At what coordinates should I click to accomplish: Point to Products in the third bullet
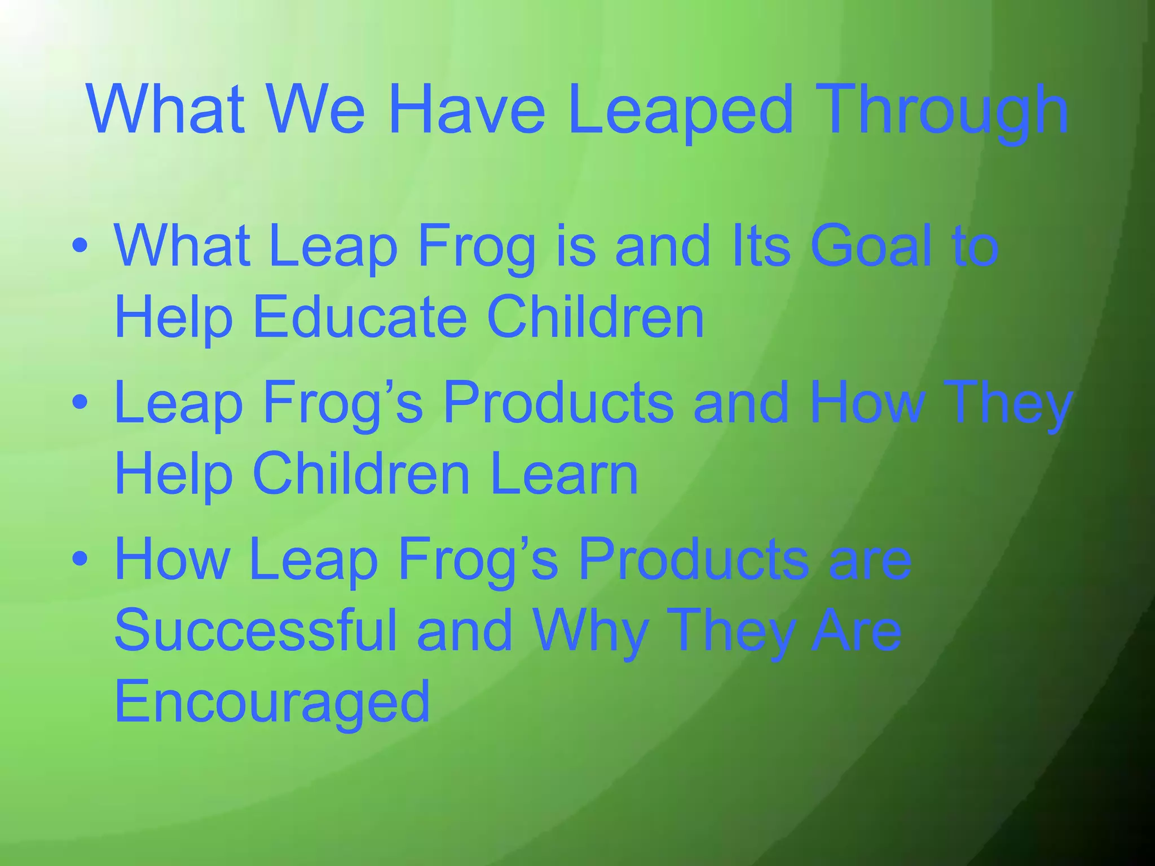[x=694, y=559]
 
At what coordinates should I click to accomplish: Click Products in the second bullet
[x=558, y=403]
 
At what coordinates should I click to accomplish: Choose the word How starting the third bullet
[x=171, y=559]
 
